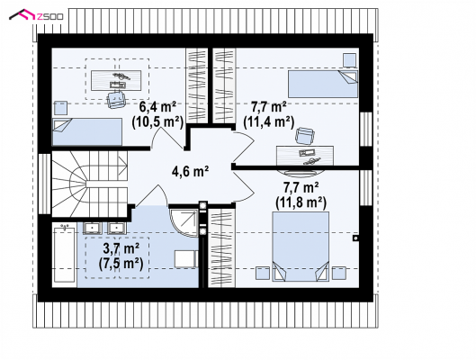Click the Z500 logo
[36, 15]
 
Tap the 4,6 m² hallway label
[190, 172]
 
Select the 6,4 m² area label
[157, 107]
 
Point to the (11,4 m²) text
[269, 122]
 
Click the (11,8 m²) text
[301, 202]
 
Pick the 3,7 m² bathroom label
[121, 249]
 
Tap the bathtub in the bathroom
[64, 255]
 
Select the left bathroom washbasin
[92, 229]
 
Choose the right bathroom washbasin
[118, 229]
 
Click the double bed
[301, 247]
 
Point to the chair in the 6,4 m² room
[116, 99]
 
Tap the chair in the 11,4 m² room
[304, 135]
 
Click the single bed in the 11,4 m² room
[323, 84]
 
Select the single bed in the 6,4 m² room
[87, 132]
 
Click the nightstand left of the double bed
[263, 273]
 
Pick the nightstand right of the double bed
[339, 273]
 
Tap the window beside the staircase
[44, 184]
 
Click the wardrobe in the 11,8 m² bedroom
[221, 247]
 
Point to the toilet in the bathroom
[186, 259]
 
